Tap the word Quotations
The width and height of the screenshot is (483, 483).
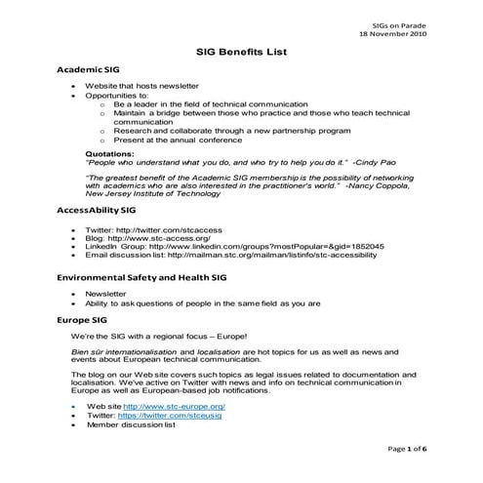coord(109,153)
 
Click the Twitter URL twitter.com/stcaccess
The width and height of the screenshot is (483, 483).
coord(160,229)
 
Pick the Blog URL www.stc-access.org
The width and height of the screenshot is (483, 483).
coord(163,238)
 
